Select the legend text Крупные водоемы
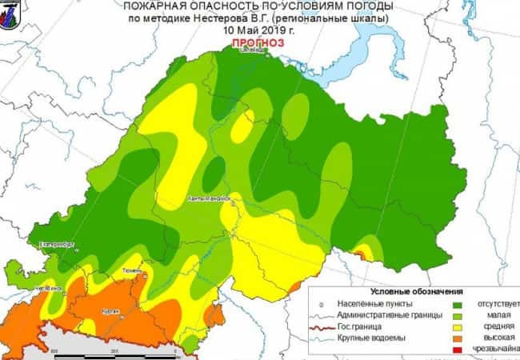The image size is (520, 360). [372, 338]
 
